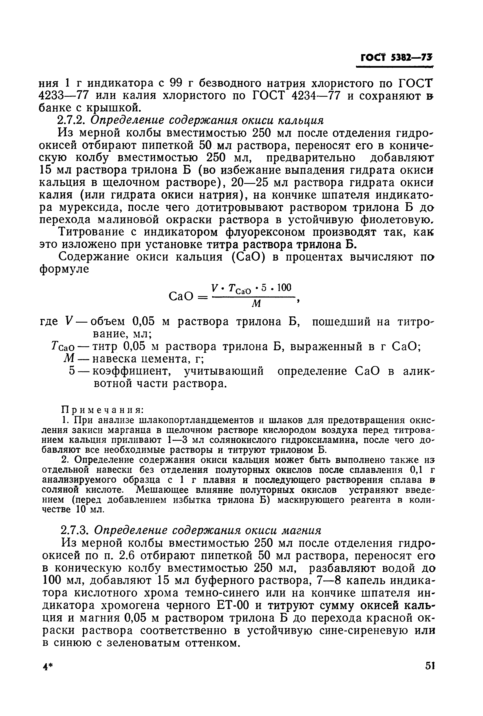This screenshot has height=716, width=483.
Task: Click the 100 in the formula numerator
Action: [x=284, y=288]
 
